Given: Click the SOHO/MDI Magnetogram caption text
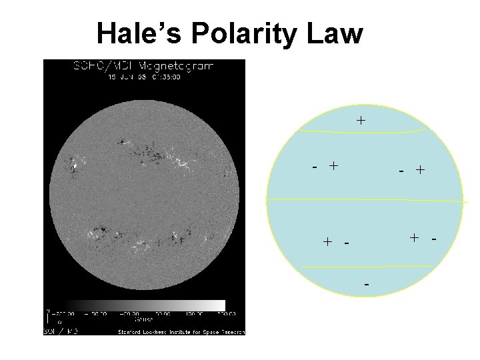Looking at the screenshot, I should coord(143,66).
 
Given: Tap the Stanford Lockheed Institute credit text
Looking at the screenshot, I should coord(181,331).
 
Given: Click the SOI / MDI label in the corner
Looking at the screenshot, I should coord(61,331).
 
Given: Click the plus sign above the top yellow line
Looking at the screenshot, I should coord(361,121).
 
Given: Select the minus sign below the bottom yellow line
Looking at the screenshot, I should coord(367,285).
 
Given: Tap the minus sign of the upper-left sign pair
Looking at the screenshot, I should coord(314,167).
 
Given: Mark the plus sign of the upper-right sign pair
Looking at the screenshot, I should coord(420,170).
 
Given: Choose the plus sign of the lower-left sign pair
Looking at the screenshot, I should coord(327,241).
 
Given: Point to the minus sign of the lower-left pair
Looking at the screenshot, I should coord(347,243).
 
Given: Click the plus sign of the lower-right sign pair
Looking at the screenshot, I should coord(415,237).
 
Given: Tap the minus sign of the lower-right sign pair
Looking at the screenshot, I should coord(434,238).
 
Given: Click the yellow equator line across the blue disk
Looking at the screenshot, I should coord(363,199).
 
